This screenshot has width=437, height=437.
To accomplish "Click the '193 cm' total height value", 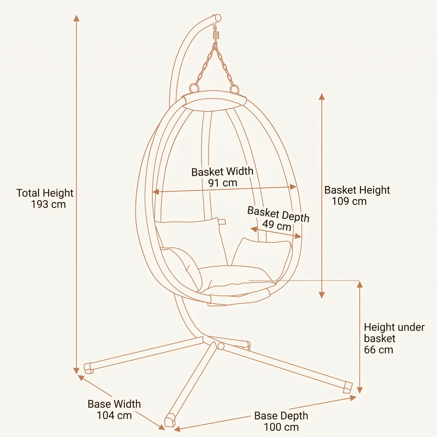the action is coord(48,204).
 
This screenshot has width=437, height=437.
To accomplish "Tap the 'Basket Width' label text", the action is coord(222,172).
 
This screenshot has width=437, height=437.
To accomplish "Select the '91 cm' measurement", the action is coord(223,183).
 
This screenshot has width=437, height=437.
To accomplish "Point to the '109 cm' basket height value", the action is coord(349,201).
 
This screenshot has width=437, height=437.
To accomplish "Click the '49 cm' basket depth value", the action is coord(277,225).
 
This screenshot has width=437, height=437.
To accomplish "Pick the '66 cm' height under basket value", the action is coord(378,350).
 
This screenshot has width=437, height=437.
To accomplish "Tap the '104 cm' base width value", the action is coord(114,416).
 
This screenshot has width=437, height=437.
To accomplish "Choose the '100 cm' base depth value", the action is coord(281,427).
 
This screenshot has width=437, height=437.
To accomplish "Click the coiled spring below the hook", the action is coord(216,35).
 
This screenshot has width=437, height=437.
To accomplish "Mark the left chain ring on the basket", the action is coord(194,88).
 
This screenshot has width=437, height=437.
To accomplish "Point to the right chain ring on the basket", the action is coord(234,89).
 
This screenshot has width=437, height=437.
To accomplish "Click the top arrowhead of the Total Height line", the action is coord(76,18).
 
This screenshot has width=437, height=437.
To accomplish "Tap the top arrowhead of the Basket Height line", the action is coord(322,97).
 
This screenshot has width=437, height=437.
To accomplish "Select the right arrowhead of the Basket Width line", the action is coord(293,187).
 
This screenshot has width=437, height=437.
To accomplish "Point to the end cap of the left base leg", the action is coord(88,368).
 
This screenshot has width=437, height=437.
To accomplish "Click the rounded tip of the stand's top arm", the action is coord(218,18).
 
